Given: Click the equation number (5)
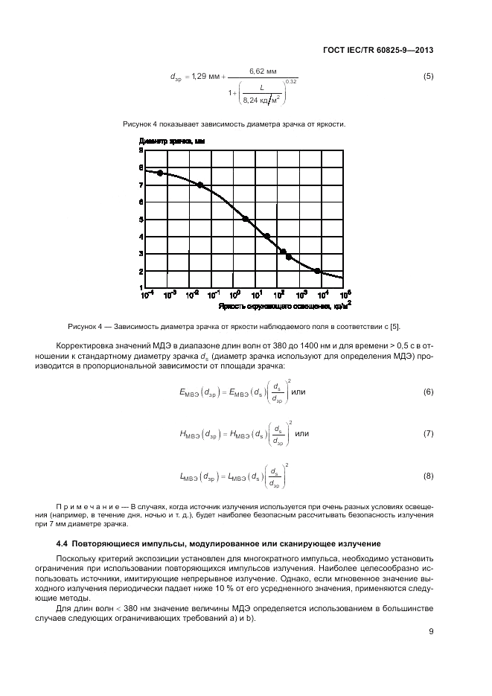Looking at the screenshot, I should [428, 77].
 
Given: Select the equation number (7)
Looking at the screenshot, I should [428, 433].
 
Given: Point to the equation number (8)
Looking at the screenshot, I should [428, 475].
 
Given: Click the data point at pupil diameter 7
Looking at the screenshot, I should [200, 185].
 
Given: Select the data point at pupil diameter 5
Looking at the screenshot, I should [245, 219].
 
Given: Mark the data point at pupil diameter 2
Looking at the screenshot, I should [318, 271].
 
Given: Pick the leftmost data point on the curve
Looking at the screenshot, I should [159, 173].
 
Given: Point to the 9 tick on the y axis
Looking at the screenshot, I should [141, 150].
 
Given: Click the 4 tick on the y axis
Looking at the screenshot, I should [141, 237].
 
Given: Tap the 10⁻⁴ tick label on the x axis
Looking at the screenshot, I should [147, 295].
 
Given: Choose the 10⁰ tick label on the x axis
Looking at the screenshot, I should [234, 295].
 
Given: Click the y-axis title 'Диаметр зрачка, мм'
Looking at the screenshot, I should [171, 140].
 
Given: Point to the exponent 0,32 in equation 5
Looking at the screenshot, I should [291, 81].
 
